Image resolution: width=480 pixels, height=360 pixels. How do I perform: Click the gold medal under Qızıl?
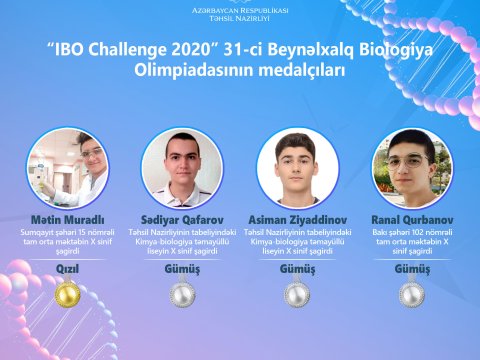pyautogui.click(x=67, y=294)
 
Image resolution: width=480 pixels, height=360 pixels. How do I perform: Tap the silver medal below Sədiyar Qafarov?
pyautogui.click(x=182, y=294)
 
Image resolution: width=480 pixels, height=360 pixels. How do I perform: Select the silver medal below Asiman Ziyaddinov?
pyautogui.click(x=297, y=294)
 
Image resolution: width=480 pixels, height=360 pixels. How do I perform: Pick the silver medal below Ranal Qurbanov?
pyautogui.click(x=412, y=294)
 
